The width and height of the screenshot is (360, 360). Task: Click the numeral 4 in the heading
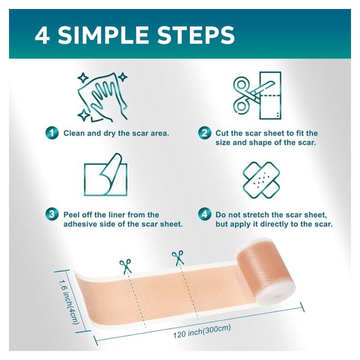click(42, 35)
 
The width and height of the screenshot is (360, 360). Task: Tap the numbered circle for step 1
click(52, 133)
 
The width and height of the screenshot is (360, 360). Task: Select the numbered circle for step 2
click(204, 133)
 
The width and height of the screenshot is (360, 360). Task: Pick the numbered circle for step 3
click(52, 214)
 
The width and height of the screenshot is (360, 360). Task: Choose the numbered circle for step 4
click(204, 214)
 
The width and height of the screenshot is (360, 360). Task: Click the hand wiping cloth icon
click(102, 97)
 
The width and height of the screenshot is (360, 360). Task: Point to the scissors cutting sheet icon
click(257, 95)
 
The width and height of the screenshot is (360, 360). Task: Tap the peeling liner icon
click(105, 174)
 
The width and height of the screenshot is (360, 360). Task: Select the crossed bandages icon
click(261, 180)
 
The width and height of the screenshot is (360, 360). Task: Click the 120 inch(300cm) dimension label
click(202, 331)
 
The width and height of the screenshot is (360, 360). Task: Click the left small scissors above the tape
click(125, 266)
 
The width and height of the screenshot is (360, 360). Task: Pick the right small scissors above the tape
click(178, 258)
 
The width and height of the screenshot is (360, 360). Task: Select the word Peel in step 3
click(72, 215)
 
